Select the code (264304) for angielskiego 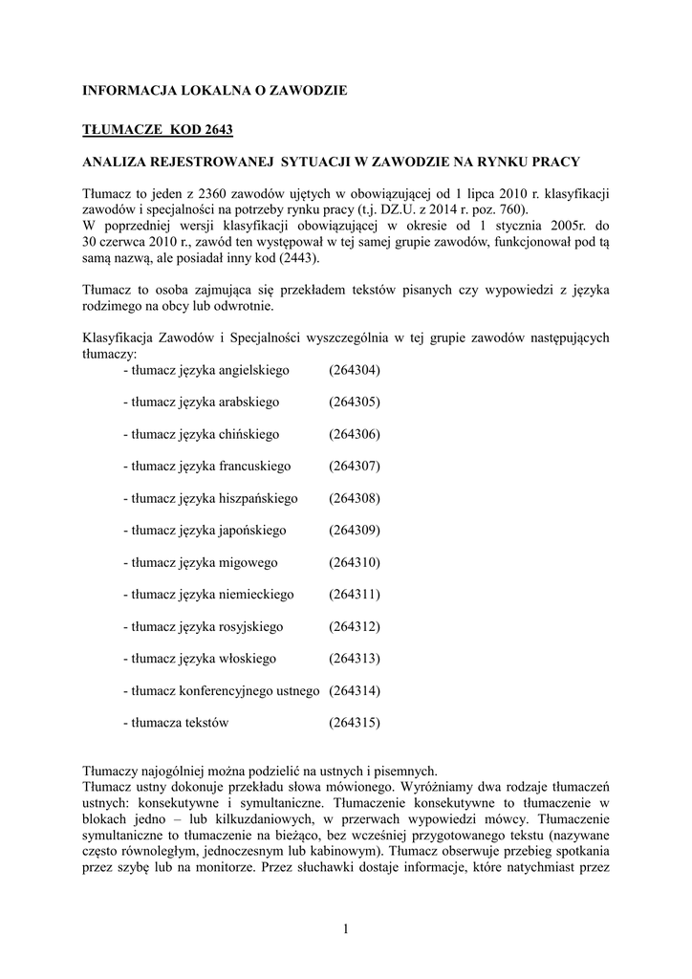click(355, 369)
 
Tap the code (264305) click(355, 402)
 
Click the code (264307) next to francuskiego click(355, 466)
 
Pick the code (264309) click(355, 531)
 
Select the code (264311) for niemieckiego click(355, 595)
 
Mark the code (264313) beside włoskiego click(355, 659)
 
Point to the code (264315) click(355, 723)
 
